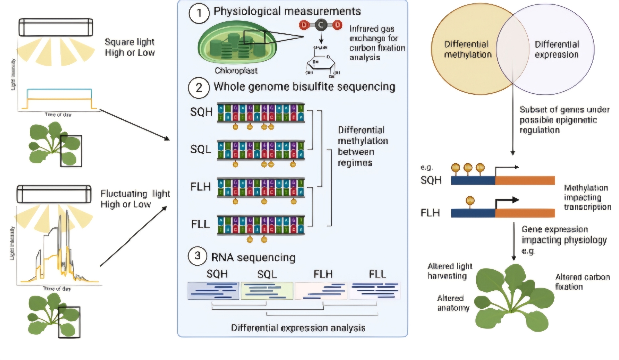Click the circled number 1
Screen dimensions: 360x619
[199, 13]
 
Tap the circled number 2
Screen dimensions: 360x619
[199, 88]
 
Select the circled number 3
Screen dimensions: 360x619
[197, 256]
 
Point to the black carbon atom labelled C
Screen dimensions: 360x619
[321, 25]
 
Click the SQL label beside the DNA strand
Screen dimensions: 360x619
[201, 149]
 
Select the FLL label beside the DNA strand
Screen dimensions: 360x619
[200, 224]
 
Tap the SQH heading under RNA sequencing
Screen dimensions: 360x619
[217, 274]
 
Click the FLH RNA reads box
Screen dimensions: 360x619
[321, 291]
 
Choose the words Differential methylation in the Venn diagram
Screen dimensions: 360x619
[467, 49]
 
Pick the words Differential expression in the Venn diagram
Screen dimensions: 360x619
[556, 49]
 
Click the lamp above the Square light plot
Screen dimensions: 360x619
[56, 27]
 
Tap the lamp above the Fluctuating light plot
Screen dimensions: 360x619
[54, 194]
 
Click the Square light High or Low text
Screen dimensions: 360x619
[130, 47]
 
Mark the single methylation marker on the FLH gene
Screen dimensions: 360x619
[470, 201]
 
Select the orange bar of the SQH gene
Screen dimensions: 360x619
[525, 180]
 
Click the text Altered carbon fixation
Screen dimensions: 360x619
[582, 281]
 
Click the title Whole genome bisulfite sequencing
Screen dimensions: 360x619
[304, 87]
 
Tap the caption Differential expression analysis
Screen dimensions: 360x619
[298, 328]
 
